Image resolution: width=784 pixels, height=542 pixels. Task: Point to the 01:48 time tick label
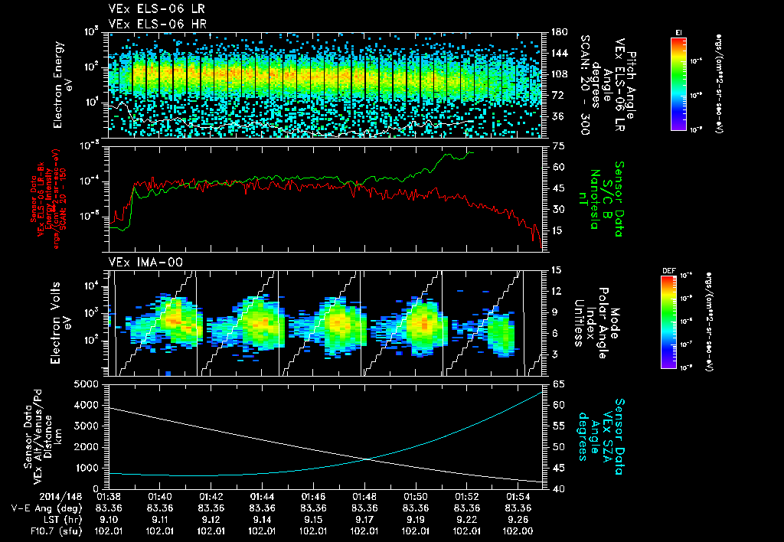click(364, 496)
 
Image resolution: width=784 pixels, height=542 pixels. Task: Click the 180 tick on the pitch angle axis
click(557, 31)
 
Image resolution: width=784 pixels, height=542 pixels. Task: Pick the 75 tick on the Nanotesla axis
click(557, 145)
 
